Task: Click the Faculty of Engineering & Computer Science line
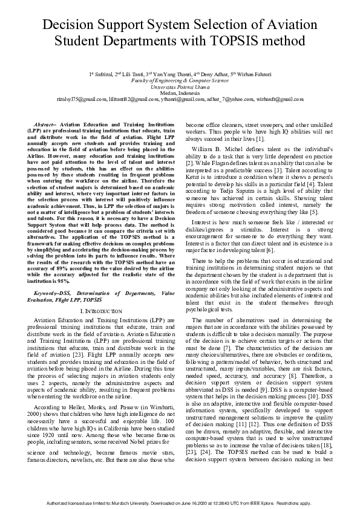coord(180,80)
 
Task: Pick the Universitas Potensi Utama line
coord(180,86)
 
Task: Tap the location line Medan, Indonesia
coord(180,92)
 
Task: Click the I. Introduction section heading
coord(97,310)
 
